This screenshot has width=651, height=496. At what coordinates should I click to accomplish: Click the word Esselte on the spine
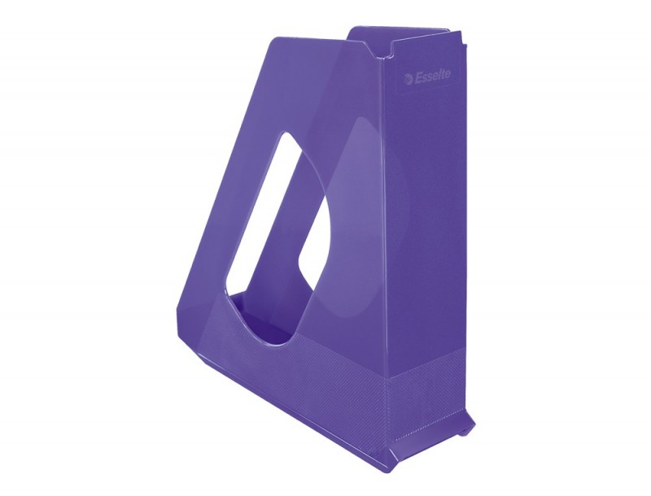[x=433, y=76]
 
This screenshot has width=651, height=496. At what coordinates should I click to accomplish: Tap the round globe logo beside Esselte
[x=409, y=78]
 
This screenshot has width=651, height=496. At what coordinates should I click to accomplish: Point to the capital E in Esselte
[x=418, y=77]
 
